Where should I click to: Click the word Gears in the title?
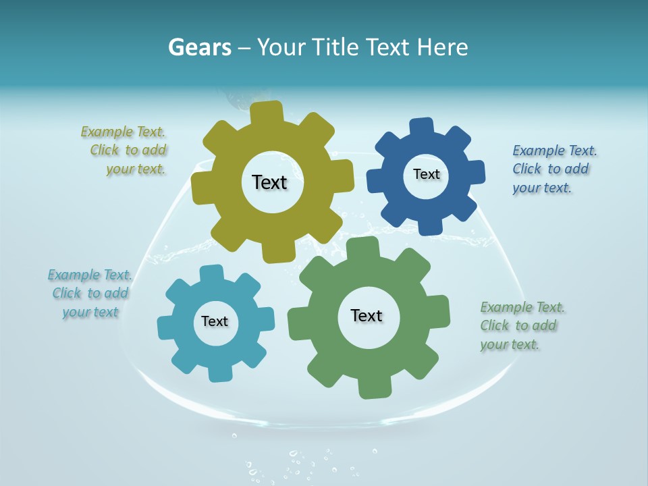(200, 47)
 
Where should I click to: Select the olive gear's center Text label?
(269, 182)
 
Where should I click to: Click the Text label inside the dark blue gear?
(426, 174)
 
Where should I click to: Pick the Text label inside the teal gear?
(215, 321)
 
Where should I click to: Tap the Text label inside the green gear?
(367, 315)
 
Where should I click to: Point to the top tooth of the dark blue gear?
(422, 128)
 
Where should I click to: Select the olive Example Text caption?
(124, 151)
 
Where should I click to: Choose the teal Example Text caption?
(90, 293)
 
